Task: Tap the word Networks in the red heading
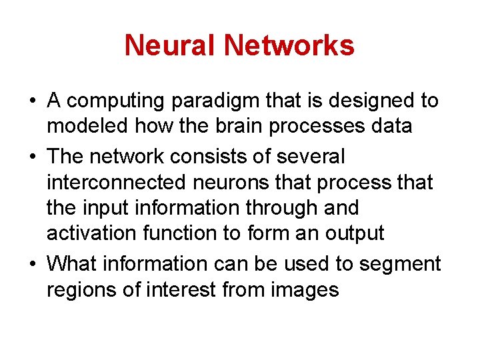click(289, 45)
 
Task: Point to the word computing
click(115, 101)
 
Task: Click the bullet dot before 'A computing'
click(32, 102)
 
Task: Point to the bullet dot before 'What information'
click(32, 265)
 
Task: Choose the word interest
click(175, 289)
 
